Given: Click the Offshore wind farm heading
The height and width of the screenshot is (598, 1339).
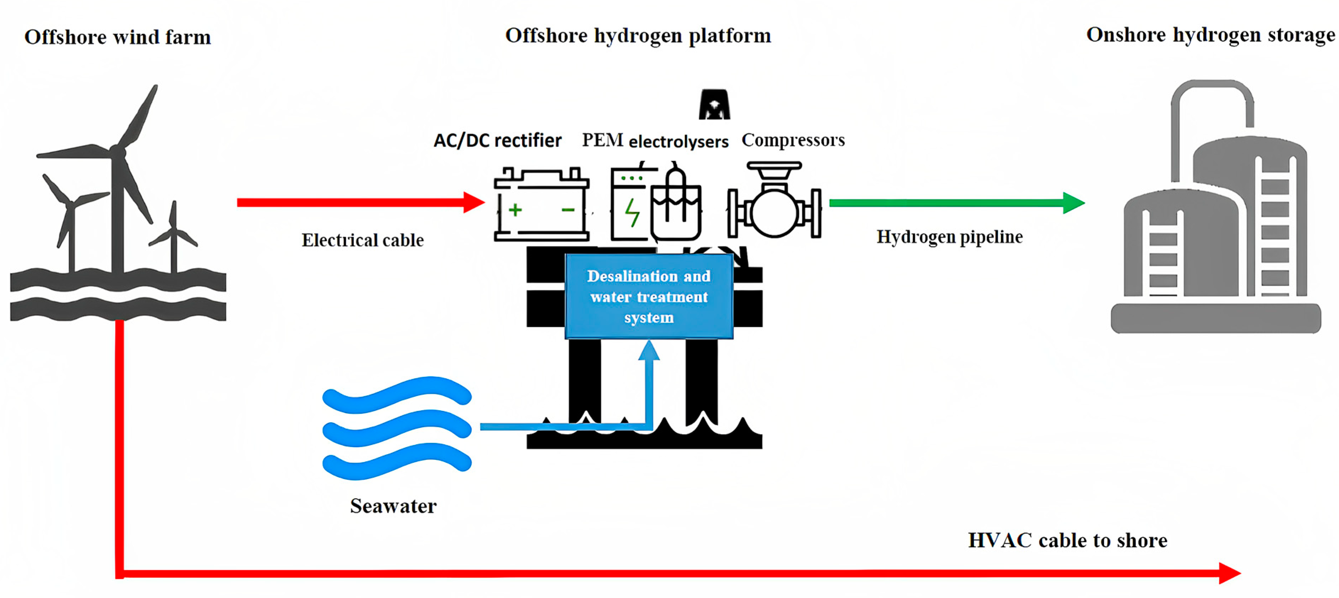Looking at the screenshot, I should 118,37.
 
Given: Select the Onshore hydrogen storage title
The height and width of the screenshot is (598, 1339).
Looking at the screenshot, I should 1210,35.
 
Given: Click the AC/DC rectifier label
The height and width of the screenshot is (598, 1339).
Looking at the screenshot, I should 497,140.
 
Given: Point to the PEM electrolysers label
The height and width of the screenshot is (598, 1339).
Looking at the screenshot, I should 655,140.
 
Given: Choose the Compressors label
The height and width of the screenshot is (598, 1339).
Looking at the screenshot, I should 793,140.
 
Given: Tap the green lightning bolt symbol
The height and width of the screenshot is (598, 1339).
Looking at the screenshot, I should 632,213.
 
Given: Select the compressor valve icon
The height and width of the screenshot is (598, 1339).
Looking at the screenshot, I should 774,203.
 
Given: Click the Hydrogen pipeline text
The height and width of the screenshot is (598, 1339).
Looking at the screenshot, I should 949,237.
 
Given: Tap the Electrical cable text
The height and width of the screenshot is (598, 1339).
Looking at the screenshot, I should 362,240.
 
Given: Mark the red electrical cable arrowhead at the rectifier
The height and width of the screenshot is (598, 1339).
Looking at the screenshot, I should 474,203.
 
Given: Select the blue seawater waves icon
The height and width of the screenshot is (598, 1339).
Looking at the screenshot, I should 397,428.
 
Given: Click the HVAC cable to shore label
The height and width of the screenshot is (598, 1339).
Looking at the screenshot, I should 1067,541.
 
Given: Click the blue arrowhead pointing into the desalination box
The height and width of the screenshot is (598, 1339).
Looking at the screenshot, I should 649,350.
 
